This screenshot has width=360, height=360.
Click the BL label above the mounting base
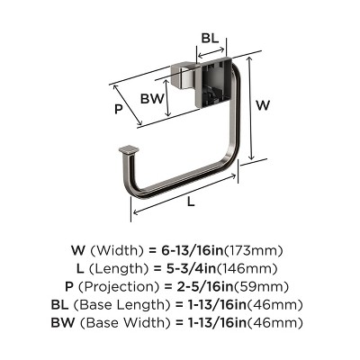coord(209,40)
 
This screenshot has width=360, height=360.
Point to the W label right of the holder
coord(263,104)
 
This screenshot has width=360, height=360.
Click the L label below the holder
coord(191,202)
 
